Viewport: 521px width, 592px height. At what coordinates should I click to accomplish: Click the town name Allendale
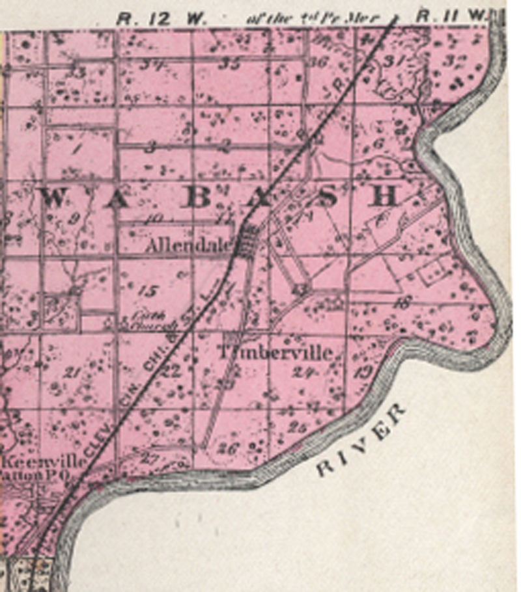(x=190, y=246)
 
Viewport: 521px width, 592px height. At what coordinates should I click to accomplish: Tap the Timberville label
(x=277, y=353)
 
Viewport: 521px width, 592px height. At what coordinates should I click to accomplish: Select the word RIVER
(x=362, y=442)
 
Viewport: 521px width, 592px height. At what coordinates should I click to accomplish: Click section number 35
(x=230, y=64)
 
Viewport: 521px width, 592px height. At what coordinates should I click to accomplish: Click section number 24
(x=303, y=373)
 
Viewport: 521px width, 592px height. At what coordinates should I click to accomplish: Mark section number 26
(x=229, y=448)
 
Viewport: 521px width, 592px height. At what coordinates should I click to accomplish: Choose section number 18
(x=403, y=302)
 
